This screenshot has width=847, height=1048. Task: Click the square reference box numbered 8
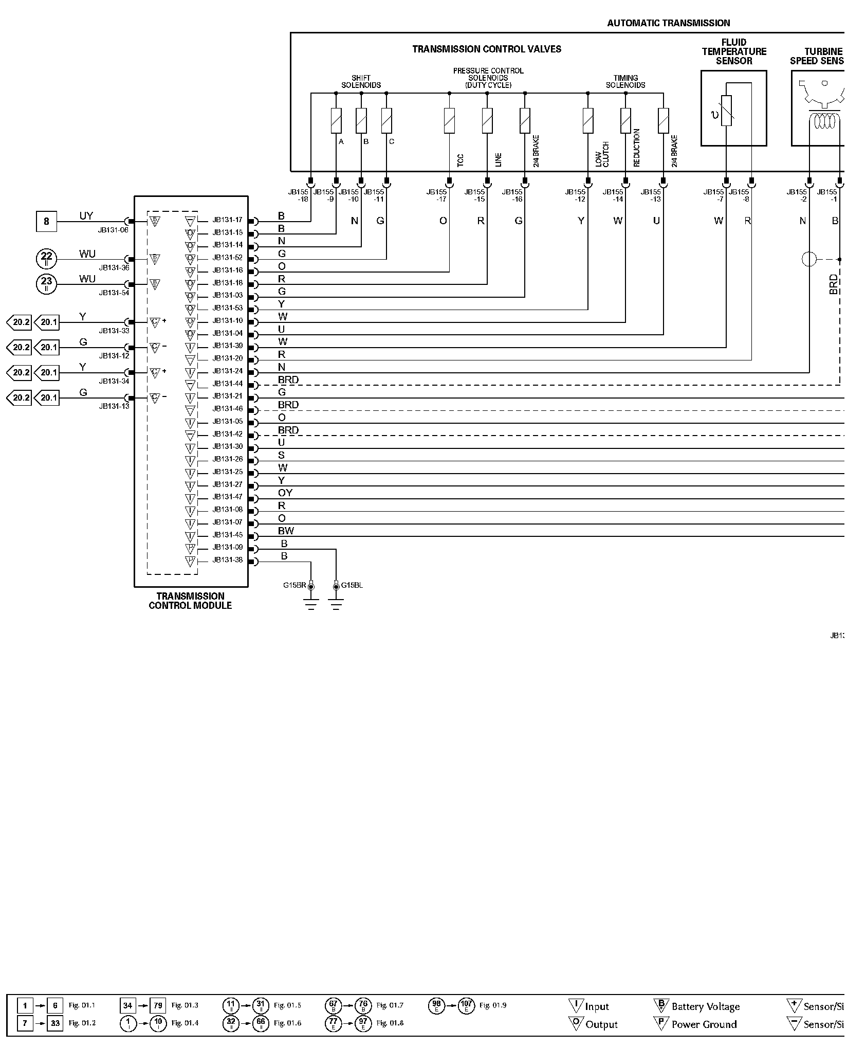(x=46, y=222)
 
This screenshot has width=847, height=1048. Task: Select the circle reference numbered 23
(x=46, y=283)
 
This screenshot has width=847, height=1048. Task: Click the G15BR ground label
(x=294, y=585)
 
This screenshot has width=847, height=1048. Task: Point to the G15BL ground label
(x=352, y=585)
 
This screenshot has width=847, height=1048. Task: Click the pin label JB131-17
(x=227, y=220)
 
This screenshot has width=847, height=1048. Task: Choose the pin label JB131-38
(x=227, y=560)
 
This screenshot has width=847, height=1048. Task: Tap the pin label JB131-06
(x=114, y=230)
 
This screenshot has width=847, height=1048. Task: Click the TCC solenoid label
(x=460, y=160)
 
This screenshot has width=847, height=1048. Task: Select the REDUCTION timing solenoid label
(x=637, y=148)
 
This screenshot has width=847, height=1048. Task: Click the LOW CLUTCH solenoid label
(x=602, y=154)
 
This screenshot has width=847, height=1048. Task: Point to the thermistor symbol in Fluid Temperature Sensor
(x=726, y=111)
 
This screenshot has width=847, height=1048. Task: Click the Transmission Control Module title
(x=190, y=601)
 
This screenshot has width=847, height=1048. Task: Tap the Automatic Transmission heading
(x=668, y=23)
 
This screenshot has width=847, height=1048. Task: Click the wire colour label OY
(x=285, y=493)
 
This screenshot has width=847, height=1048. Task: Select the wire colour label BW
(x=286, y=531)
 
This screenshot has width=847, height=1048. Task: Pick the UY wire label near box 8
(x=86, y=216)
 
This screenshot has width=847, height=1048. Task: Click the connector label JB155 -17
(x=437, y=195)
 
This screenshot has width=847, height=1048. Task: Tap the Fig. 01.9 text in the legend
(x=492, y=1005)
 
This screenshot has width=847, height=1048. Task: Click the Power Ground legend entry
(x=704, y=1024)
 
